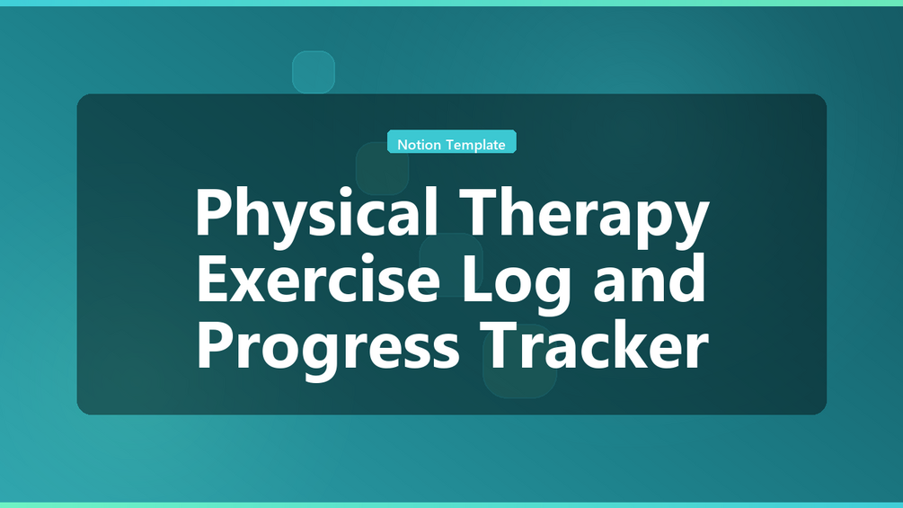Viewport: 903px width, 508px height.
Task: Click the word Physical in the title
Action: point(316,214)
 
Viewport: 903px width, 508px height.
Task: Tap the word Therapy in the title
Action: point(583,214)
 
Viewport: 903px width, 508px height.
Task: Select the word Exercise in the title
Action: point(318,279)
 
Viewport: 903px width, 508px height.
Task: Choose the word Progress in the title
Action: point(328,347)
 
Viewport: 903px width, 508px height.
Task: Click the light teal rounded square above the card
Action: point(314,72)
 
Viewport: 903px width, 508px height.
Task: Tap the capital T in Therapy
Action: point(478,211)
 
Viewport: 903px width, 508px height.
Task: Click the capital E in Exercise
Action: point(213,279)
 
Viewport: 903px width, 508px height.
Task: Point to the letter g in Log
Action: point(553,290)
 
